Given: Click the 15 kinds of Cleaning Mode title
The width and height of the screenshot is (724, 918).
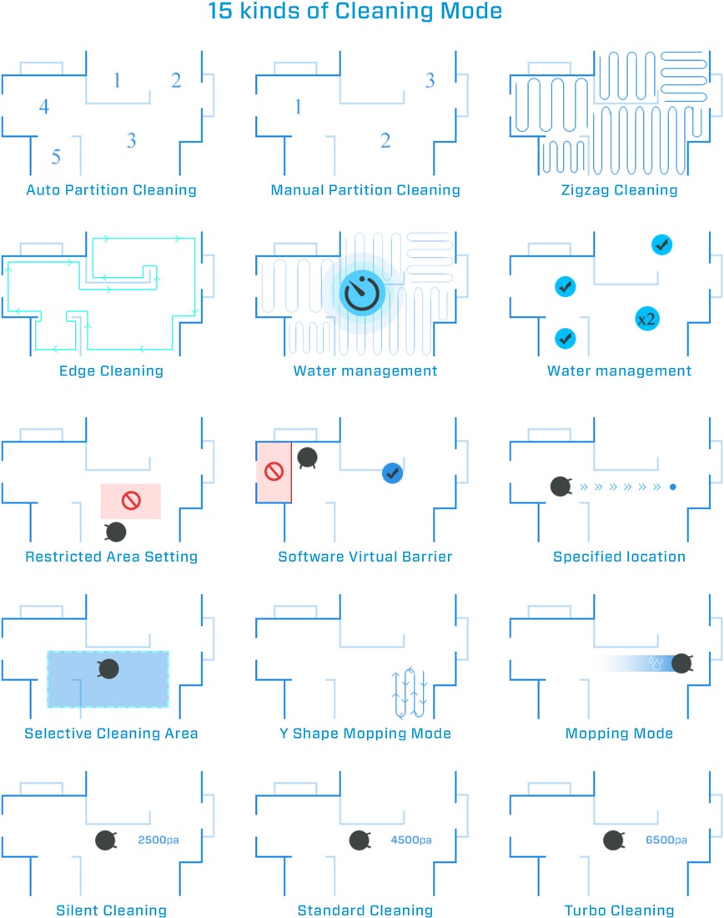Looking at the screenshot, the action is [355, 11].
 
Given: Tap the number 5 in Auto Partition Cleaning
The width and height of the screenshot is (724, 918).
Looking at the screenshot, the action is [56, 157].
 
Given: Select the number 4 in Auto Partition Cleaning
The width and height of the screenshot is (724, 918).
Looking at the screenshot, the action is [44, 107].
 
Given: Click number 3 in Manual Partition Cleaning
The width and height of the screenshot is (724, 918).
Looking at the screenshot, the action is [430, 80].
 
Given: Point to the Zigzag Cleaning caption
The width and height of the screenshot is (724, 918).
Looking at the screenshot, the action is [619, 190].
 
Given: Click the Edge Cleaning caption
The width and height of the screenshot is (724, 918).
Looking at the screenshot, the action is [111, 371].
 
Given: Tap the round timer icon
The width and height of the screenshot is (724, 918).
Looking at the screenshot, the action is [362, 293].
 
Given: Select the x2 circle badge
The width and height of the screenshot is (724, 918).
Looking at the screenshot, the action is [646, 319].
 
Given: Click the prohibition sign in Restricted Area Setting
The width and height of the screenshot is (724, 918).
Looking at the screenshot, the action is [130, 501].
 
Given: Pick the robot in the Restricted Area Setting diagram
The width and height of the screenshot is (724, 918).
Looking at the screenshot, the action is [115, 532].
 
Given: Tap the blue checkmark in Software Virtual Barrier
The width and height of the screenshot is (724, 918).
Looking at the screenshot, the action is [392, 473].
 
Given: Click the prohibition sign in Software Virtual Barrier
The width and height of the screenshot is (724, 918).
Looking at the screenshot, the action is [274, 472].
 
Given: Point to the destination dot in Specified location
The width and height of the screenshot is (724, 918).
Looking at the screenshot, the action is [673, 487].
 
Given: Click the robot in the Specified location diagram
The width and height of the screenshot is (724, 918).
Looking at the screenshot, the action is [561, 487].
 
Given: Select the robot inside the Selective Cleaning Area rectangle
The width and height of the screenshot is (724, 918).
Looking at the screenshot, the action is [108, 668].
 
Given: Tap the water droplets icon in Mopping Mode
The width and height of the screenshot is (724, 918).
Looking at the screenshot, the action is [655, 663].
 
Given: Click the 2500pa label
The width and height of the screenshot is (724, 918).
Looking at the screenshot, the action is [158, 840].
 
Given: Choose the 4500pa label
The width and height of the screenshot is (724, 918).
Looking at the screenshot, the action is [411, 840].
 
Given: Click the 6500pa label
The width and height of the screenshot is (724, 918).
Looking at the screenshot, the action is [666, 840].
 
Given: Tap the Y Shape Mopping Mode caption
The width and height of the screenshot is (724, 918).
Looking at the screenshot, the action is [365, 734].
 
